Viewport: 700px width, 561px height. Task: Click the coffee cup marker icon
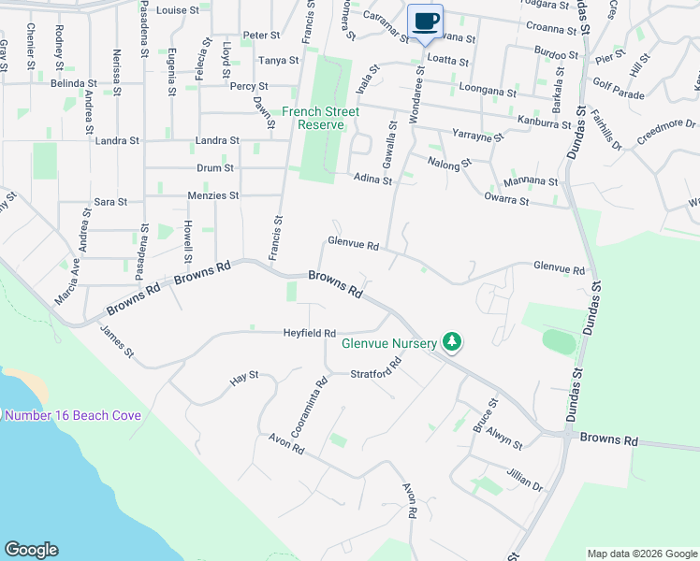click(426, 21)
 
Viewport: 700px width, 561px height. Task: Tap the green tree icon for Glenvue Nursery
click(452, 342)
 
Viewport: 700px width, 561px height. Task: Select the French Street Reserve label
click(321, 118)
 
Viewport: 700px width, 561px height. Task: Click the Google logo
click(31, 550)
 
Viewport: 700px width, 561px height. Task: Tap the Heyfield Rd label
click(310, 332)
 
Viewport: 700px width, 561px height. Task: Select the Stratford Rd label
click(375, 373)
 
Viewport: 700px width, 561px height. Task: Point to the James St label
click(118, 340)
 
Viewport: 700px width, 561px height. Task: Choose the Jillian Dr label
click(525, 480)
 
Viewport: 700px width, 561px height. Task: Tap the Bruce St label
click(485, 415)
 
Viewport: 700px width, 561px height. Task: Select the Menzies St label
click(215, 196)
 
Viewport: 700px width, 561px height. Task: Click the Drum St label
click(215, 168)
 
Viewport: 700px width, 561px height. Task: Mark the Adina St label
click(372, 179)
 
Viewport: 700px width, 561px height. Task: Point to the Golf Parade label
click(619, 95)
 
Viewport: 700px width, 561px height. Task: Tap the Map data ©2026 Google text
click(640, 554)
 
